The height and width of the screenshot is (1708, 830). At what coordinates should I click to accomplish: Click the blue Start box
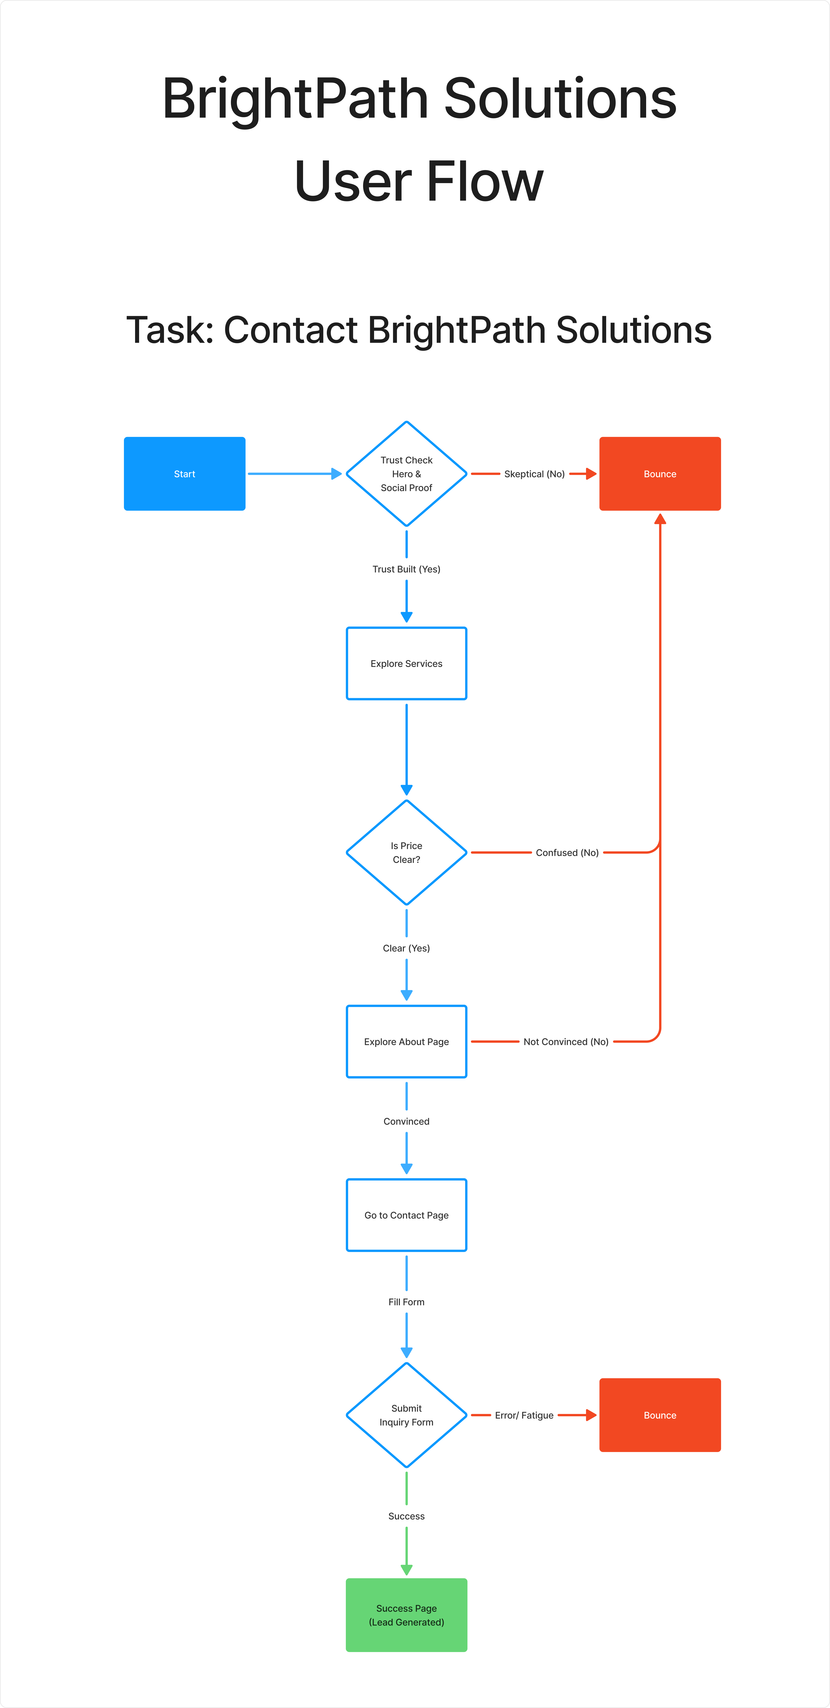click(184, 473)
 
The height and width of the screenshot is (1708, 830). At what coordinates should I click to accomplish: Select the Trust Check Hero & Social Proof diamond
click(406, 473)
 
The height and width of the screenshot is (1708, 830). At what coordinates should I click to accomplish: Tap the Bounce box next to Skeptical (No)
click(660, 473)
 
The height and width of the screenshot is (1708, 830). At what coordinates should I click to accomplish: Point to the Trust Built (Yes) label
click(406, 569)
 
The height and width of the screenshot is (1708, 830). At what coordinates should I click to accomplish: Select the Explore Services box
click(406, 663)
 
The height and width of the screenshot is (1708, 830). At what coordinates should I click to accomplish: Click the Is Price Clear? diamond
click(406, 852)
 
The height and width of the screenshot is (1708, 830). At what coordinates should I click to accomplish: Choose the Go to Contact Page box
click(406, 1215)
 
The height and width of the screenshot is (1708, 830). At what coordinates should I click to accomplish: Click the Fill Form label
click(406, 1302)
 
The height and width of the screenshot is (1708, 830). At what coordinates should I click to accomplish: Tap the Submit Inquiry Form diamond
click(406, 1415)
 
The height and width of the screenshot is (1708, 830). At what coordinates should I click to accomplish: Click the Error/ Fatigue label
click(524, 1415)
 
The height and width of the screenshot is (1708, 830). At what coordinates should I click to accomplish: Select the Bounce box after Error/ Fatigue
click(660, 1415)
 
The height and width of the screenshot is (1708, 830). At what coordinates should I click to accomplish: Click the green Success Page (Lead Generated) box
click(406, 1614)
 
